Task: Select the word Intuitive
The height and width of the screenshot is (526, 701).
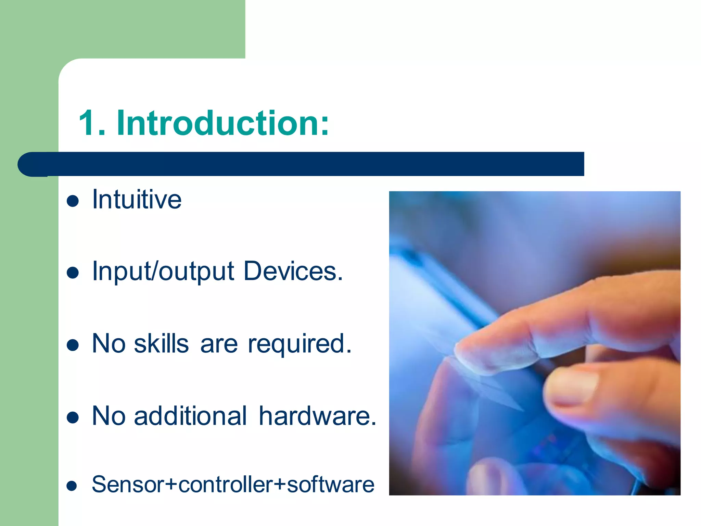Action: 137,200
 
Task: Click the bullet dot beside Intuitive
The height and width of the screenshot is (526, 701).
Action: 73,201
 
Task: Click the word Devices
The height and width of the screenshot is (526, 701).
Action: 293,271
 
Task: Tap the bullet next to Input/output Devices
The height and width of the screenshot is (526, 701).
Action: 73,273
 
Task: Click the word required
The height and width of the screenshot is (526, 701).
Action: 299,345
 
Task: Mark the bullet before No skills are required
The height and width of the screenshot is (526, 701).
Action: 73,346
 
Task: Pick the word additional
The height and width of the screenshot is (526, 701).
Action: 190,416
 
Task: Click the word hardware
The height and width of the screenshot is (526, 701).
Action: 317,416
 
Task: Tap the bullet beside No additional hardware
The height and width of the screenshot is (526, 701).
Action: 73,417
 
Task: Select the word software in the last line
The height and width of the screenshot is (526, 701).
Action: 330,485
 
